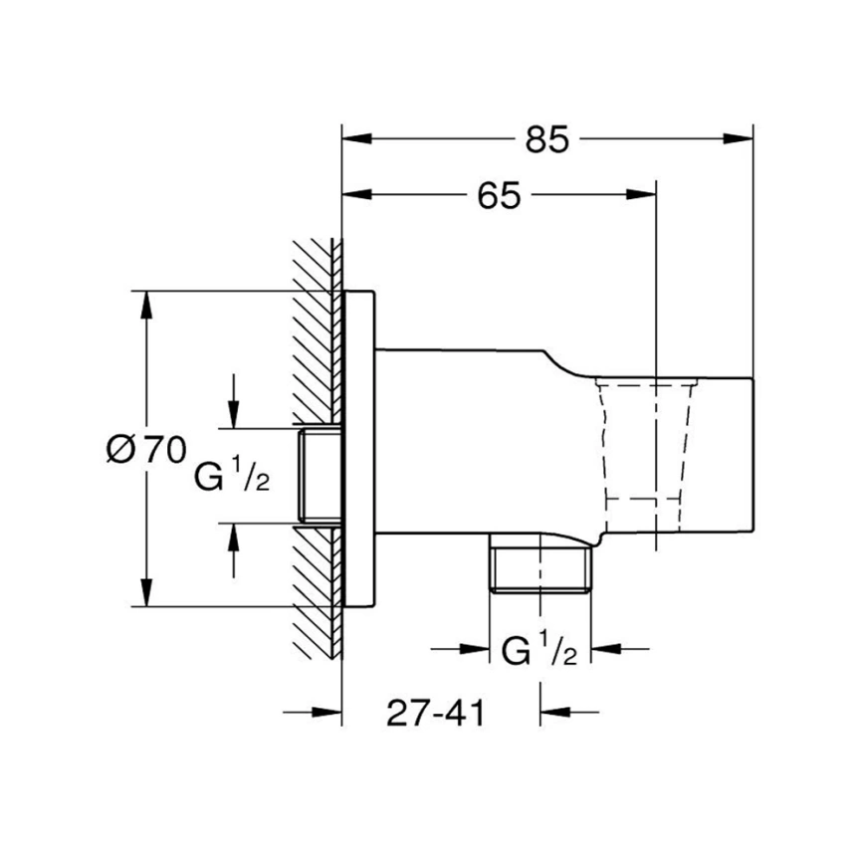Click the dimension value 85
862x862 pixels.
(x=547, y=139)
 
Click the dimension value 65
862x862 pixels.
(x=499, y=195)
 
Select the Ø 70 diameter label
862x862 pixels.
(x=146, y=450)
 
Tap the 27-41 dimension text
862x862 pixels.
(x=436, y=713)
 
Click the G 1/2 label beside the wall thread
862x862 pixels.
(x=232, y=475)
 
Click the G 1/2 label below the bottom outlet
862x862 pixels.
(x=539, y=649)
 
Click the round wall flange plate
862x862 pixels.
(x=359, y=449)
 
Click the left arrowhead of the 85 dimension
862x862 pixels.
(x=357, y=139)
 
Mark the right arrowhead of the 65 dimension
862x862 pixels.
(x=641, y=195)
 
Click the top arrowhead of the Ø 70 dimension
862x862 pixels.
(x=146, y=306)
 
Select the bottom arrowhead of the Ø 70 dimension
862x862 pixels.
(x=146, y=592)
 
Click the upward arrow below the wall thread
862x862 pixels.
(x=234, y=549)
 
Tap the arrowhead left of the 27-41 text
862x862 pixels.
(x=326, y=713)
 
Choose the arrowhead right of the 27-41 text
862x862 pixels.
(x=555, y=713)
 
